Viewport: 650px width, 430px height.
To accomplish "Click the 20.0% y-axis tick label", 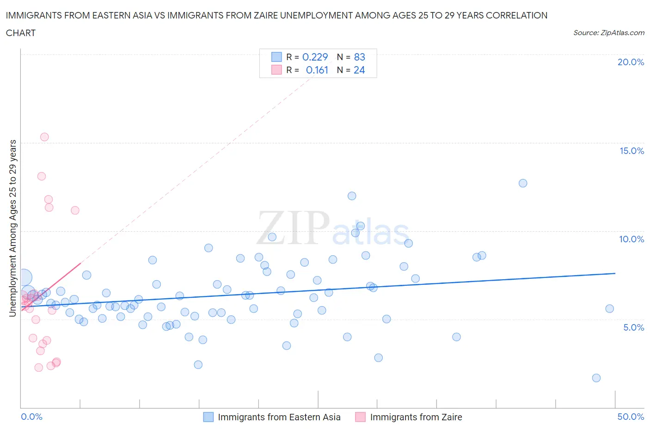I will pyautogui.click(x=631, y=62).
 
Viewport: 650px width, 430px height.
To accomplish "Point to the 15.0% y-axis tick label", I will pyautogui.click(x=632, y=151).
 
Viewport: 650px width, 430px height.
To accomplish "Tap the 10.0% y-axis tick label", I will pyautogui.click(x=632, y=239).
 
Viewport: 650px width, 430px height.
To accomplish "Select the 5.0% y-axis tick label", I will pyautogui.click(x=633, y=327).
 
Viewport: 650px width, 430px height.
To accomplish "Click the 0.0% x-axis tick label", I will pyautogui.click(x=31, y=417).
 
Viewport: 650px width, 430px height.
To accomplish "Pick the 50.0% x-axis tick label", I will pyautogui.click(x=631, y=417).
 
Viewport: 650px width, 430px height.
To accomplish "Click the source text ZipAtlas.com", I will pyautogui.click(x=608, y=33).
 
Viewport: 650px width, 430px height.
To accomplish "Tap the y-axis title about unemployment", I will pyautogui.click(x=12, y=228).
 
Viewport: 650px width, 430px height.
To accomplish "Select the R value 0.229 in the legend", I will pyautogui.click(x=315, y=57).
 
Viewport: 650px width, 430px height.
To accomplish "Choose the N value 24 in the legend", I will pyautogui.click(x=359, y=70).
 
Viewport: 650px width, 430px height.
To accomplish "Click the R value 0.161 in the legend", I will pyautogui.click(x=317, y=70).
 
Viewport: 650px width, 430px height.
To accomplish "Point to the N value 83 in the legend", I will pyautogui.click(x=359, y=57).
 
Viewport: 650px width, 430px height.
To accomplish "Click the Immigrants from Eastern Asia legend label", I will pyautogui.click(x=279, y=417).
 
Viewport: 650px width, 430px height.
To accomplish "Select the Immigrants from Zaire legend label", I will pyautogui.click(x=416, y=417).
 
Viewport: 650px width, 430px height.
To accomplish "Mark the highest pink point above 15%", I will pyautogui.click(x=44, y=137).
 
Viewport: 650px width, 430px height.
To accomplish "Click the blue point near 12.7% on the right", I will pyautogui.click(x=523, y=183).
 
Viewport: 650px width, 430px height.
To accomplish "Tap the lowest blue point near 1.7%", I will pyautogui.click(x=596, y=378).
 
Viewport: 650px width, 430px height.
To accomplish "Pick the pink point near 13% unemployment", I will pyautogui.click(x=42, y=176).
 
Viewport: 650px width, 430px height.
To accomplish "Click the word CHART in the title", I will pyautogui.click(x=21, y=33).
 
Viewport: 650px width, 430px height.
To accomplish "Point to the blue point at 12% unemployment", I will pyautogui.click(x=352, y=196).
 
